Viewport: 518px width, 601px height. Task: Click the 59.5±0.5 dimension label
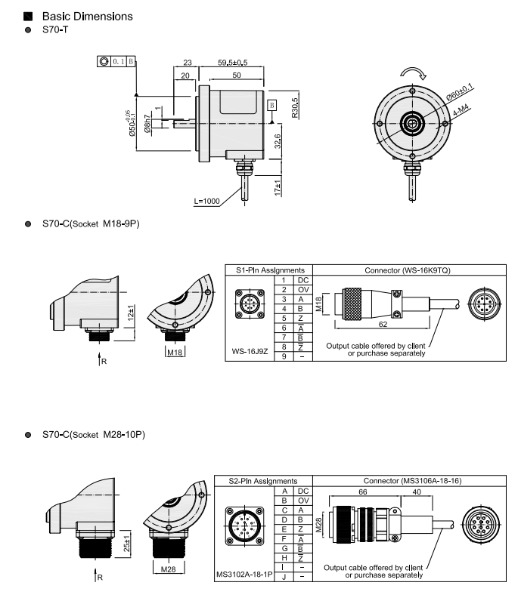[232, 63]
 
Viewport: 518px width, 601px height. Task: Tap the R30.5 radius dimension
[294, 108]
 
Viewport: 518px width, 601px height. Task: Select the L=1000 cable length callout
[206, 202]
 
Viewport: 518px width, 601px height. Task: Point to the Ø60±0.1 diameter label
[460, 92]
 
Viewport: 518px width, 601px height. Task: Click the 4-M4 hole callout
[461, 111]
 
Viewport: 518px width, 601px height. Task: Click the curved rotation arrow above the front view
[413, 72]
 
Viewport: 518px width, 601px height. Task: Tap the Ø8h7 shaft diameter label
[147, 123]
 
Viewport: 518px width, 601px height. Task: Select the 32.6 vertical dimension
[278, 141]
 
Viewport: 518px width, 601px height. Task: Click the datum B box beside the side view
[272, 105]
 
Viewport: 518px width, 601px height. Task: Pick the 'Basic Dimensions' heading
[87, 16]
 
